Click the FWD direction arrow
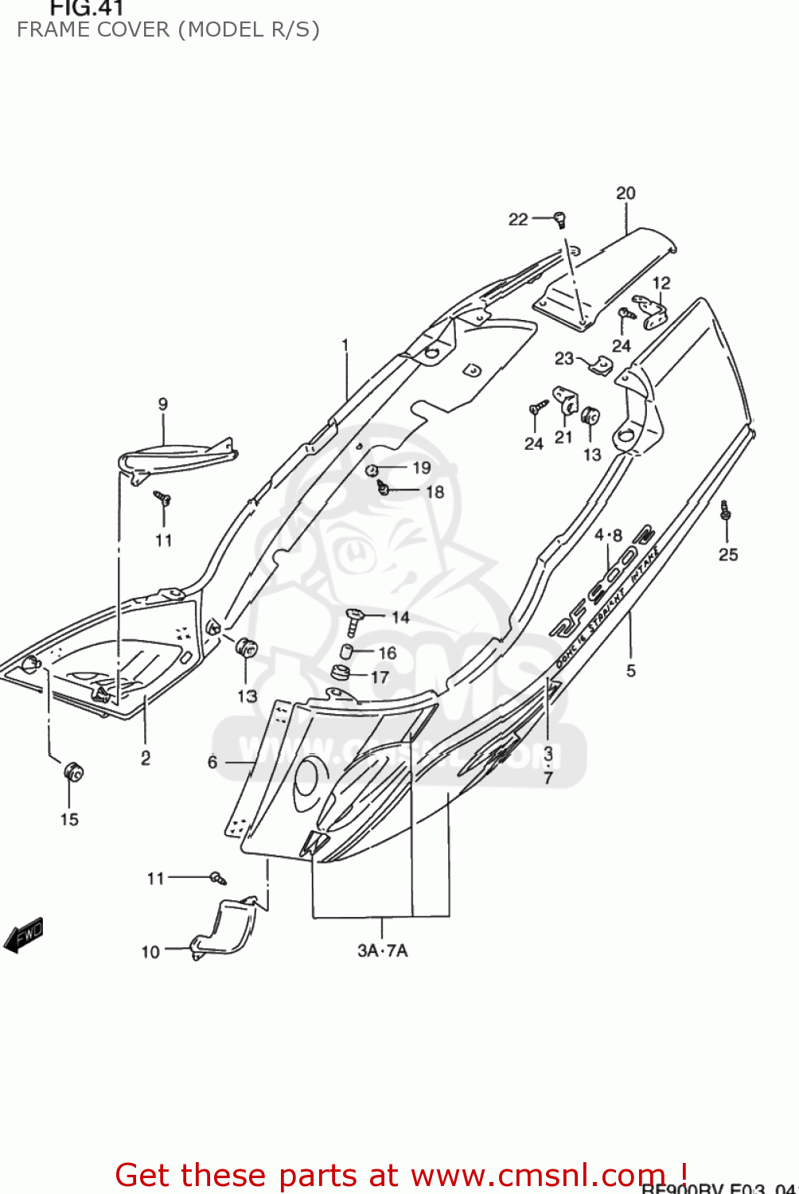point(24,935)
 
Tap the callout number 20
point(626,193)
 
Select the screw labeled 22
point(559,218)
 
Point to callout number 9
point(163,404)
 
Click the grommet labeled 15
point(73,772)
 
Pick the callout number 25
point(728,555)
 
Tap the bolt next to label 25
point(725,510)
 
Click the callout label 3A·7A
point(382,950)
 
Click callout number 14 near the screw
point(400,617)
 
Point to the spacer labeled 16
point(346,651)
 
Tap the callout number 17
point(380,677)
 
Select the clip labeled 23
point(602,365)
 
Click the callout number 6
point(212,762)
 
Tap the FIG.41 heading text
point(87,9)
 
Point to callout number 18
point(435,492)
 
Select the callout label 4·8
point(608,536)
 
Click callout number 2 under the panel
point(146,758)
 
